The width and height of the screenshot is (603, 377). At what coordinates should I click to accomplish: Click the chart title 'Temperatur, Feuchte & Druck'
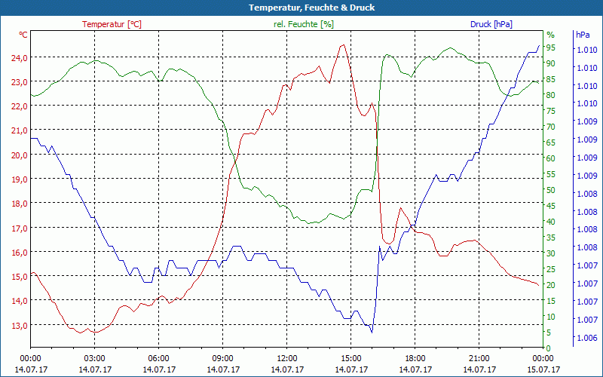[x=301, y=8]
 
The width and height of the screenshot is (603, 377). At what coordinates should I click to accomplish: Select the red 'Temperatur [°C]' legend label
[x=112, y=24]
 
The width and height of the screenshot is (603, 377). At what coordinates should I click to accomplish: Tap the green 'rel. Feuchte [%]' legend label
[x=304, y=24]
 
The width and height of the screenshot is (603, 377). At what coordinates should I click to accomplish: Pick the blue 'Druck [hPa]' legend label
[x=491, y=24]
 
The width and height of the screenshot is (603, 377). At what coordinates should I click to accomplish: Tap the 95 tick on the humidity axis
[x=551, y=47]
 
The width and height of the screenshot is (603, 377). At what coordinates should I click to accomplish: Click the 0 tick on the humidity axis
[x=549, y=348]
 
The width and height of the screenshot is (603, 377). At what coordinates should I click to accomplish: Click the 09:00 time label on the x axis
[x=222, y=358]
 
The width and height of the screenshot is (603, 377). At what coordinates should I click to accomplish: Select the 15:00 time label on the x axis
[x=350, y=358]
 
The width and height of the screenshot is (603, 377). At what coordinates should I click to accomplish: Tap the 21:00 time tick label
[x=479, y=358]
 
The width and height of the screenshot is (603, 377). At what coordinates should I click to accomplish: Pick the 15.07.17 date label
[x=543, y=369]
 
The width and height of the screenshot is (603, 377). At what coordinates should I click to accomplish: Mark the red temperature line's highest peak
[x=343, y=44]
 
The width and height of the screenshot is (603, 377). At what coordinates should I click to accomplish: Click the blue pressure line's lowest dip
[x=371, y=332]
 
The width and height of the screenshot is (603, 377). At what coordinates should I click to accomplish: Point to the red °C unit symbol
[x=23, y=35]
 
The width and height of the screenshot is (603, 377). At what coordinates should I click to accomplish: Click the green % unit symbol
[x=550, y=35]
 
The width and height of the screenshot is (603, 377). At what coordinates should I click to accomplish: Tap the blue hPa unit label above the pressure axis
[x=583, y=35]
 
